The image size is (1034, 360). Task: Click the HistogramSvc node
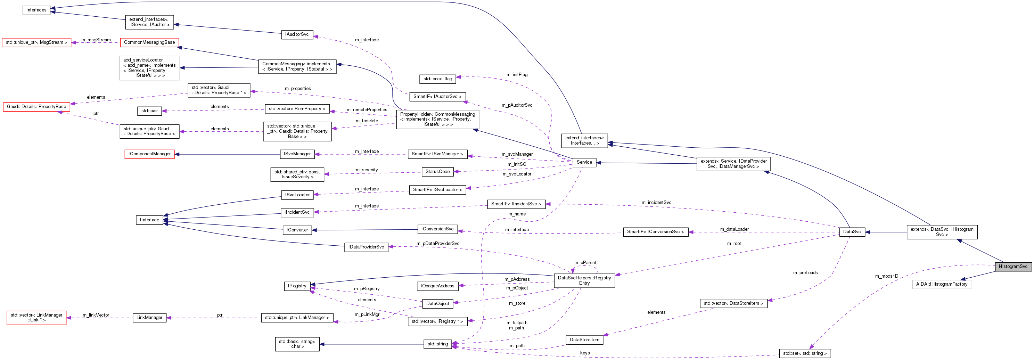pyautogui.click(x=1013, y=267)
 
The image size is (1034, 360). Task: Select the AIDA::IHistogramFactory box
pyautogui.click(x=941, y=284)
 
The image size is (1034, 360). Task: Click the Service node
pyautogui.click(x=584, y=162)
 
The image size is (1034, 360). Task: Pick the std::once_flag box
pyautogui.click(x=437, y=79)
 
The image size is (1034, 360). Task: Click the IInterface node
pyautogui.click(x=149, y=220)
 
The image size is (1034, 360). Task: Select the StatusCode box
pyautogui.click(x=437, y=171)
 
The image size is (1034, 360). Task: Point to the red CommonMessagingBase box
pyautogui.click(x=149, y=42)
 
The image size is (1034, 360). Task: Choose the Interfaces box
pyautogui.click(x=36, y=10)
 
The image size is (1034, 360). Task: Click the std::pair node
pyautogui.click(x=149, y=111)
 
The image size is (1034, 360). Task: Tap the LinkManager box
pyautogui.click(x=149, y=318)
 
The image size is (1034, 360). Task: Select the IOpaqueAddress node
pyautogui.click(x=437, y=286)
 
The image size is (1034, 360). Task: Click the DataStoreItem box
pyautogui.click(x=584, y=339)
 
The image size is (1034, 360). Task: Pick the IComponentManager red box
pyautogui.click(x=149, y=154)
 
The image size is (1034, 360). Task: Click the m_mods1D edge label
pyautogui.click(x=886, y=276)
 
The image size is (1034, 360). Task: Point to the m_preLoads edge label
pyautogui.click(x=805, y=272)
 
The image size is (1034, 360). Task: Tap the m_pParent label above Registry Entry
pyautogui.click(x=585, y=262)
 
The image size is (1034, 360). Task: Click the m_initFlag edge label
pyautogui.click(x=517, y=75)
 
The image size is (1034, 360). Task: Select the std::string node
pyautogui.click(x=437, y=344)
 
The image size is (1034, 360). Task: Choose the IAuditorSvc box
pyautogui.click(x=297, y=34)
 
